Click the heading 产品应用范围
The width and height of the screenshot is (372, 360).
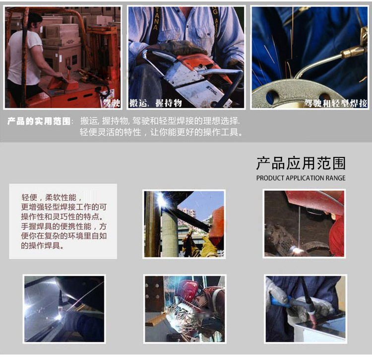(301, 163)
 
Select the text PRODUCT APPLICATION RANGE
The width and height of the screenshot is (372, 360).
(301, 178)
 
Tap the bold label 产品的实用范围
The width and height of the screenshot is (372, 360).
(39, 121)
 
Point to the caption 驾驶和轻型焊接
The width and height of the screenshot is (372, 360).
(336, 103)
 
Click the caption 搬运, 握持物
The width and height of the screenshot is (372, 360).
(156, 103)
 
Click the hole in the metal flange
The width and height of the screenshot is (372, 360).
(273, 97)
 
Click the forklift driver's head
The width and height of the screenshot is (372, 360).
(36, 21)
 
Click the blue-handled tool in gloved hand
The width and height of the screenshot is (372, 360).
(280, 300)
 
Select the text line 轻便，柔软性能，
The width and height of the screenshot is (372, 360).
(52, 197)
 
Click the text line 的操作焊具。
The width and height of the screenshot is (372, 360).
(43, 245)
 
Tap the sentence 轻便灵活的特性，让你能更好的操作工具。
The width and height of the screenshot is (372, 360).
(161, 132)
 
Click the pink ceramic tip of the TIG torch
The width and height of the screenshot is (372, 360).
(312, 318)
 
